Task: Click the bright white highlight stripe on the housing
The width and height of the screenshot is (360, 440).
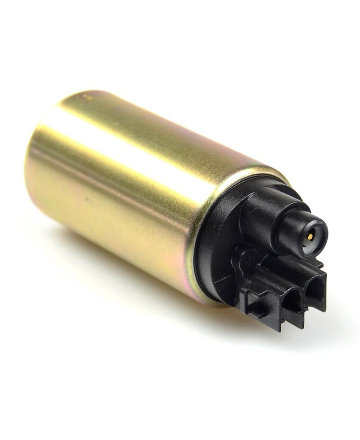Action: coord(135,148)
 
